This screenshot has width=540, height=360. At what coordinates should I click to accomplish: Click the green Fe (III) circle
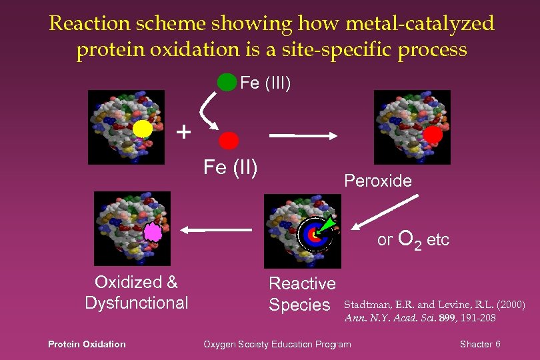click(227, 82)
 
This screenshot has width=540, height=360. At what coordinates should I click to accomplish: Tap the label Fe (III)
click(265, 83)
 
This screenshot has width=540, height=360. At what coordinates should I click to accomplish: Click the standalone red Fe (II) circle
click(229, 140)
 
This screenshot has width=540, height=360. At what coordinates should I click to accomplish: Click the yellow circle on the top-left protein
click(142, 128)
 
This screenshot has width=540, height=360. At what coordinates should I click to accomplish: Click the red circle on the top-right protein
click(433, 135)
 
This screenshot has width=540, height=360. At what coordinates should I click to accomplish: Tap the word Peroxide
click(377, 181)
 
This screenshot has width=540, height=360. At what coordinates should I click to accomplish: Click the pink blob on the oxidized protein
click(153, 233)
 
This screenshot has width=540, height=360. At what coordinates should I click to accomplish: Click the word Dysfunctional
click(137, 303)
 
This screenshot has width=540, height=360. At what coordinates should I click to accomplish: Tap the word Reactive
click(302, 283)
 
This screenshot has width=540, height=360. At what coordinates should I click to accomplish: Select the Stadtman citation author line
click(434, 305)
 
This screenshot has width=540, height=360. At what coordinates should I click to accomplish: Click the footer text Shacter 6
click(480, 344)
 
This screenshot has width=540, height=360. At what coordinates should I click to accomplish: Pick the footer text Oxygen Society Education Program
click(277, 344)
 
